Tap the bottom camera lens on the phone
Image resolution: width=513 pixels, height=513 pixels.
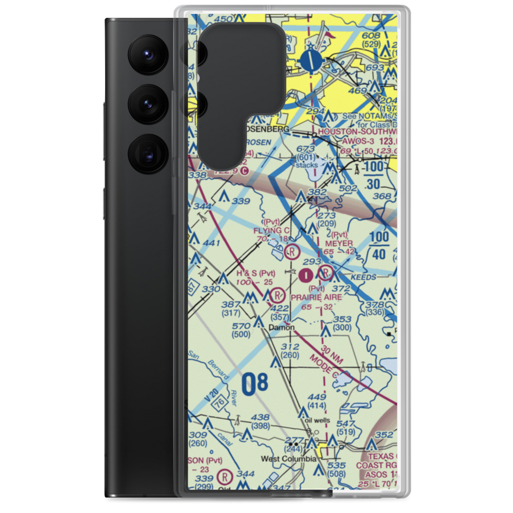[146, 153]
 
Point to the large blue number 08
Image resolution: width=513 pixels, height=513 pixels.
[254, 384]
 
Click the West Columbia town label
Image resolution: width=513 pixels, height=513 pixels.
[289, 459]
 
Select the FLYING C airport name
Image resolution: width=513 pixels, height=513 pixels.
[271, 231]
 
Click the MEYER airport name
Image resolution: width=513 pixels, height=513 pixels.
[339, 243]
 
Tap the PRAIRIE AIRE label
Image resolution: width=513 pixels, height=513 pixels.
[316, 297]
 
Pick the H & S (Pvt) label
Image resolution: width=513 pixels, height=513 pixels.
[255, 273]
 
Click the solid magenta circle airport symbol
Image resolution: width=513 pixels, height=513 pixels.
[307, 275]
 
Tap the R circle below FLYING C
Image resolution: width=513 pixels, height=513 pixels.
[291, 251]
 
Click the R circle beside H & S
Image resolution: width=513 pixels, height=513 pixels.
[278, 295]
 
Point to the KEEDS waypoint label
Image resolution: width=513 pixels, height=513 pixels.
[378, 277]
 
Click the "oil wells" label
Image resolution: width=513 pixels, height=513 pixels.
[315, 422]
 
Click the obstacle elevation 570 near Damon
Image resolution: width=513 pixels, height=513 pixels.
[241, 326]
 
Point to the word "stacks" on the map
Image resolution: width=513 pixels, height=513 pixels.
[304, 165]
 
